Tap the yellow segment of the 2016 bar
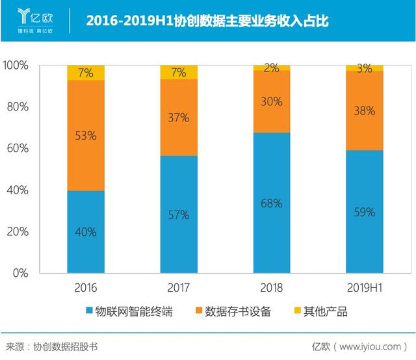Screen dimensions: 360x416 pos(86,72)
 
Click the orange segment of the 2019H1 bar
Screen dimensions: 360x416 pos(365,110)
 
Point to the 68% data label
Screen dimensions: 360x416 pos(272,203)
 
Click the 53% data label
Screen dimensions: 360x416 pos(86,136)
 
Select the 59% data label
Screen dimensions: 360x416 pos(365,211)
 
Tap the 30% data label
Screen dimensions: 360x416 pos(272,101)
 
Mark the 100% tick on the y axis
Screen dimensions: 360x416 pos(16,66)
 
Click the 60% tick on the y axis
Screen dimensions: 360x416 pos(18,148)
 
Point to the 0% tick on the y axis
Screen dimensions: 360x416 pos(20,273)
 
